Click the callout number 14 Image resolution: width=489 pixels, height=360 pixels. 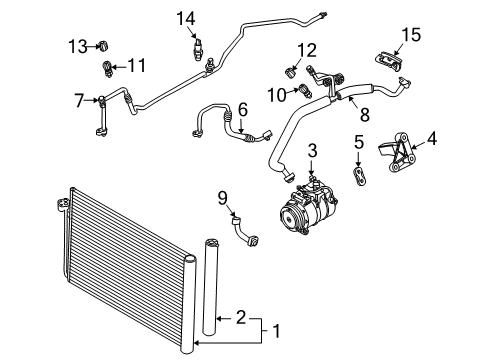(x=186, y=19)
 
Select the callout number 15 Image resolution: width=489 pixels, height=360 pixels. (x=411, y=35)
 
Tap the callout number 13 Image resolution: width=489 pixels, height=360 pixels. (x=78, y=46)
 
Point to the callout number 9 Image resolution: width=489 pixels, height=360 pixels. (x=223, y=198)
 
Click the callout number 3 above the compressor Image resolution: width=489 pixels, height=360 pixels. (x=312, y=151)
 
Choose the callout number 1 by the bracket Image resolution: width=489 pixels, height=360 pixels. (x=276, y=331)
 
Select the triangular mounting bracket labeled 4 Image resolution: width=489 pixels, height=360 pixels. (x=397, y=152)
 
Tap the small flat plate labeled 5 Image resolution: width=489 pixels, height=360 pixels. (x=359, y=176)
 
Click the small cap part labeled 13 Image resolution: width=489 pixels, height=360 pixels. (x=104, y=46)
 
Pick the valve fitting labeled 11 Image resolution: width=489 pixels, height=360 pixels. (x=107, y=69)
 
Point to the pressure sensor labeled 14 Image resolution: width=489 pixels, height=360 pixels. (x=199, y=49)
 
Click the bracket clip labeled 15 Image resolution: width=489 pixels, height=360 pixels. (x=389, y=62)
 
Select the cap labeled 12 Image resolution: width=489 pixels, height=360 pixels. (x=291, y=72)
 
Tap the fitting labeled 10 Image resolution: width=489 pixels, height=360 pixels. (x=306, y=90)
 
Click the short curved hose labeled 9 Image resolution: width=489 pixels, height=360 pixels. (x=245, y=232)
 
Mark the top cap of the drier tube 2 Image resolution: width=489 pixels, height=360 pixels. (x=210, y=242)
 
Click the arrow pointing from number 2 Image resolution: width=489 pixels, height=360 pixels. (x=224, y=319)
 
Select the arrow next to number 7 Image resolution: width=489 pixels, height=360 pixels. (x=91, y=100)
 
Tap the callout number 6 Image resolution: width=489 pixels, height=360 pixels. (x=243, y=110)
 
